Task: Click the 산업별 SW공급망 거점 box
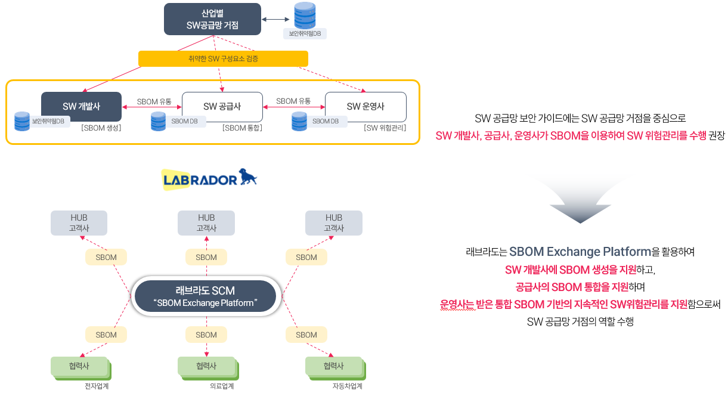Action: pos(212,19)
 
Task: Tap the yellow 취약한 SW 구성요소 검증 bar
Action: pos(223,58)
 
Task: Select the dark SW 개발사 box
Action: pos(81,107)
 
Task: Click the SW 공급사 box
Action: pos(222,107)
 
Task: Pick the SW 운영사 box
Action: pos(365,107)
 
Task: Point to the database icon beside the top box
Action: pos(305,16)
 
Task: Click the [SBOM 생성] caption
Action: pos(101,128)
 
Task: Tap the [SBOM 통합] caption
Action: pos(242,128)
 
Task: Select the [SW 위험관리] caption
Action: pos(385,128)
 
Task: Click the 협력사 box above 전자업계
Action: pos(79,366)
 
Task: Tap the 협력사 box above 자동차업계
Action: pos(333,366)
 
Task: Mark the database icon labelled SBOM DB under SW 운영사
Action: pos(299,121)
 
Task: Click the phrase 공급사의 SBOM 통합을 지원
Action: pos(572,287)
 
